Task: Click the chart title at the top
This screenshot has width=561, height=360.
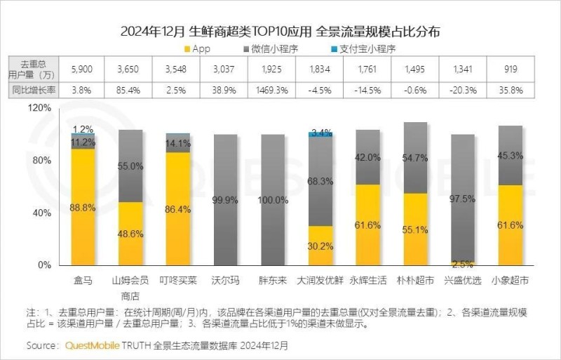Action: (280, 32)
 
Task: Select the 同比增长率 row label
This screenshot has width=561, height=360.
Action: (34, 91)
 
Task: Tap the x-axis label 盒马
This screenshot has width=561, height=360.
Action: (83, 280)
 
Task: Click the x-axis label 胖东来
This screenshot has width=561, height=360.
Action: (275, 280)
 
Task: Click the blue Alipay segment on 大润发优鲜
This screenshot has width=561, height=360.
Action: (320, 134)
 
